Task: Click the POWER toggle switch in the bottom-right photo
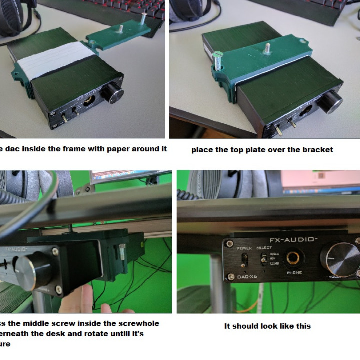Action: (x=244, y=260)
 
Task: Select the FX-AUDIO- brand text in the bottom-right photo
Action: (x=293, y=240)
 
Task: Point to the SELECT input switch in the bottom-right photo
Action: (x=262, y=258)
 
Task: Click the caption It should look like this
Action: (x=267, y=326)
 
